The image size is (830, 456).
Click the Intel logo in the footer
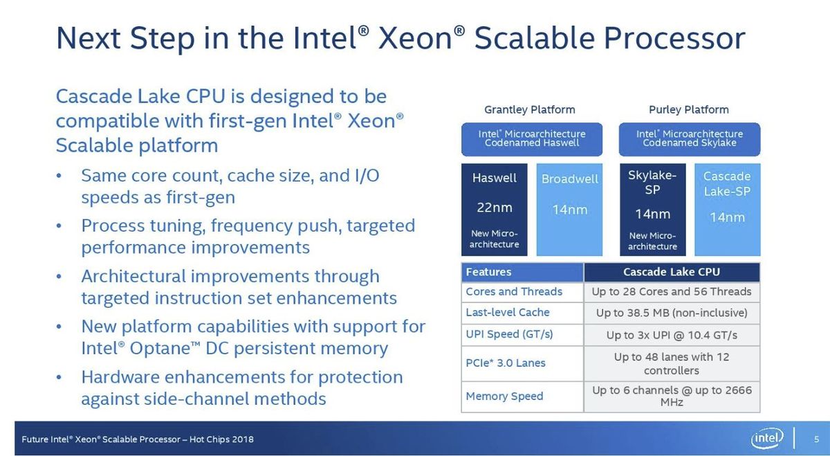766,439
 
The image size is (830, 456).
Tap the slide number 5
816,439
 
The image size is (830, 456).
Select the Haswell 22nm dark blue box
495,210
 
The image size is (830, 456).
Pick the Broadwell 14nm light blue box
569,210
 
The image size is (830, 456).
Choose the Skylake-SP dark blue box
652,210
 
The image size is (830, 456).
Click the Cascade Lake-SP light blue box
728,210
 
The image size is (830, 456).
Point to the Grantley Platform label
530,110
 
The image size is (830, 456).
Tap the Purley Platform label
689,110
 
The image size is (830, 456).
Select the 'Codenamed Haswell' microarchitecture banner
532,139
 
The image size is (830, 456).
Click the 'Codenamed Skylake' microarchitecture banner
690,139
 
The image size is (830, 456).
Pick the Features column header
522,272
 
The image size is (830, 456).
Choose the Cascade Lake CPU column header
672,272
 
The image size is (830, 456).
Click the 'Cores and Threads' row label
514,292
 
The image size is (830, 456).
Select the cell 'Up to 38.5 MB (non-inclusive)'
672,313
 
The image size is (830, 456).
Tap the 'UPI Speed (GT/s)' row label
509,334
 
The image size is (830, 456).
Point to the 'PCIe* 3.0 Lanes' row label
506,363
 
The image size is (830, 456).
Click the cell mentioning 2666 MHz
672,396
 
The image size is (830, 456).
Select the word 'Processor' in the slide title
674,38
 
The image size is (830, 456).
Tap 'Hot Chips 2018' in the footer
221,439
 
